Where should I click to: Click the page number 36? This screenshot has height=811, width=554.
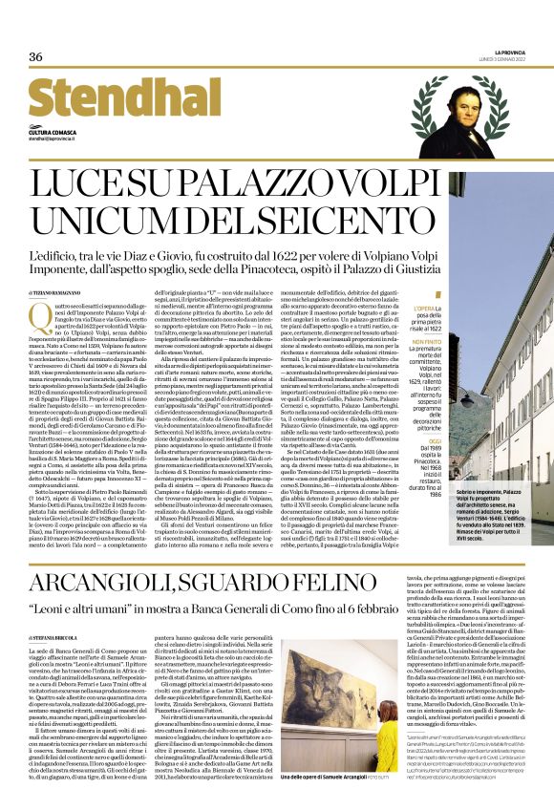(x=35, y=56)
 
